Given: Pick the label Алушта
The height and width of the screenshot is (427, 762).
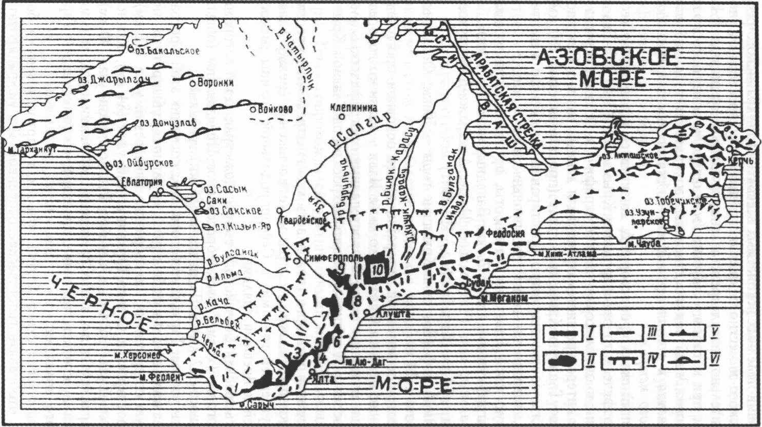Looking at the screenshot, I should click(x=394, y=314).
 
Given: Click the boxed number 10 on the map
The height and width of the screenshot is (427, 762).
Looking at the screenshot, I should click(x=377, y=269).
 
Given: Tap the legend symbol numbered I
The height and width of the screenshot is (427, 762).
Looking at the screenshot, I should click(x=563, y=334).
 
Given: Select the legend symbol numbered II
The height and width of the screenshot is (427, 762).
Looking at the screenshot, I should click(x=563, y=361).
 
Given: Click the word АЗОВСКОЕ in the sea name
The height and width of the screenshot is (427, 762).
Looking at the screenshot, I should click(x=607, y=57).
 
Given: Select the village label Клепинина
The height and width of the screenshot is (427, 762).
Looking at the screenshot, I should click(x=354, y=108).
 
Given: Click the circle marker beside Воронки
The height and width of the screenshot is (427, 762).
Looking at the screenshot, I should click(x=192, y=83).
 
